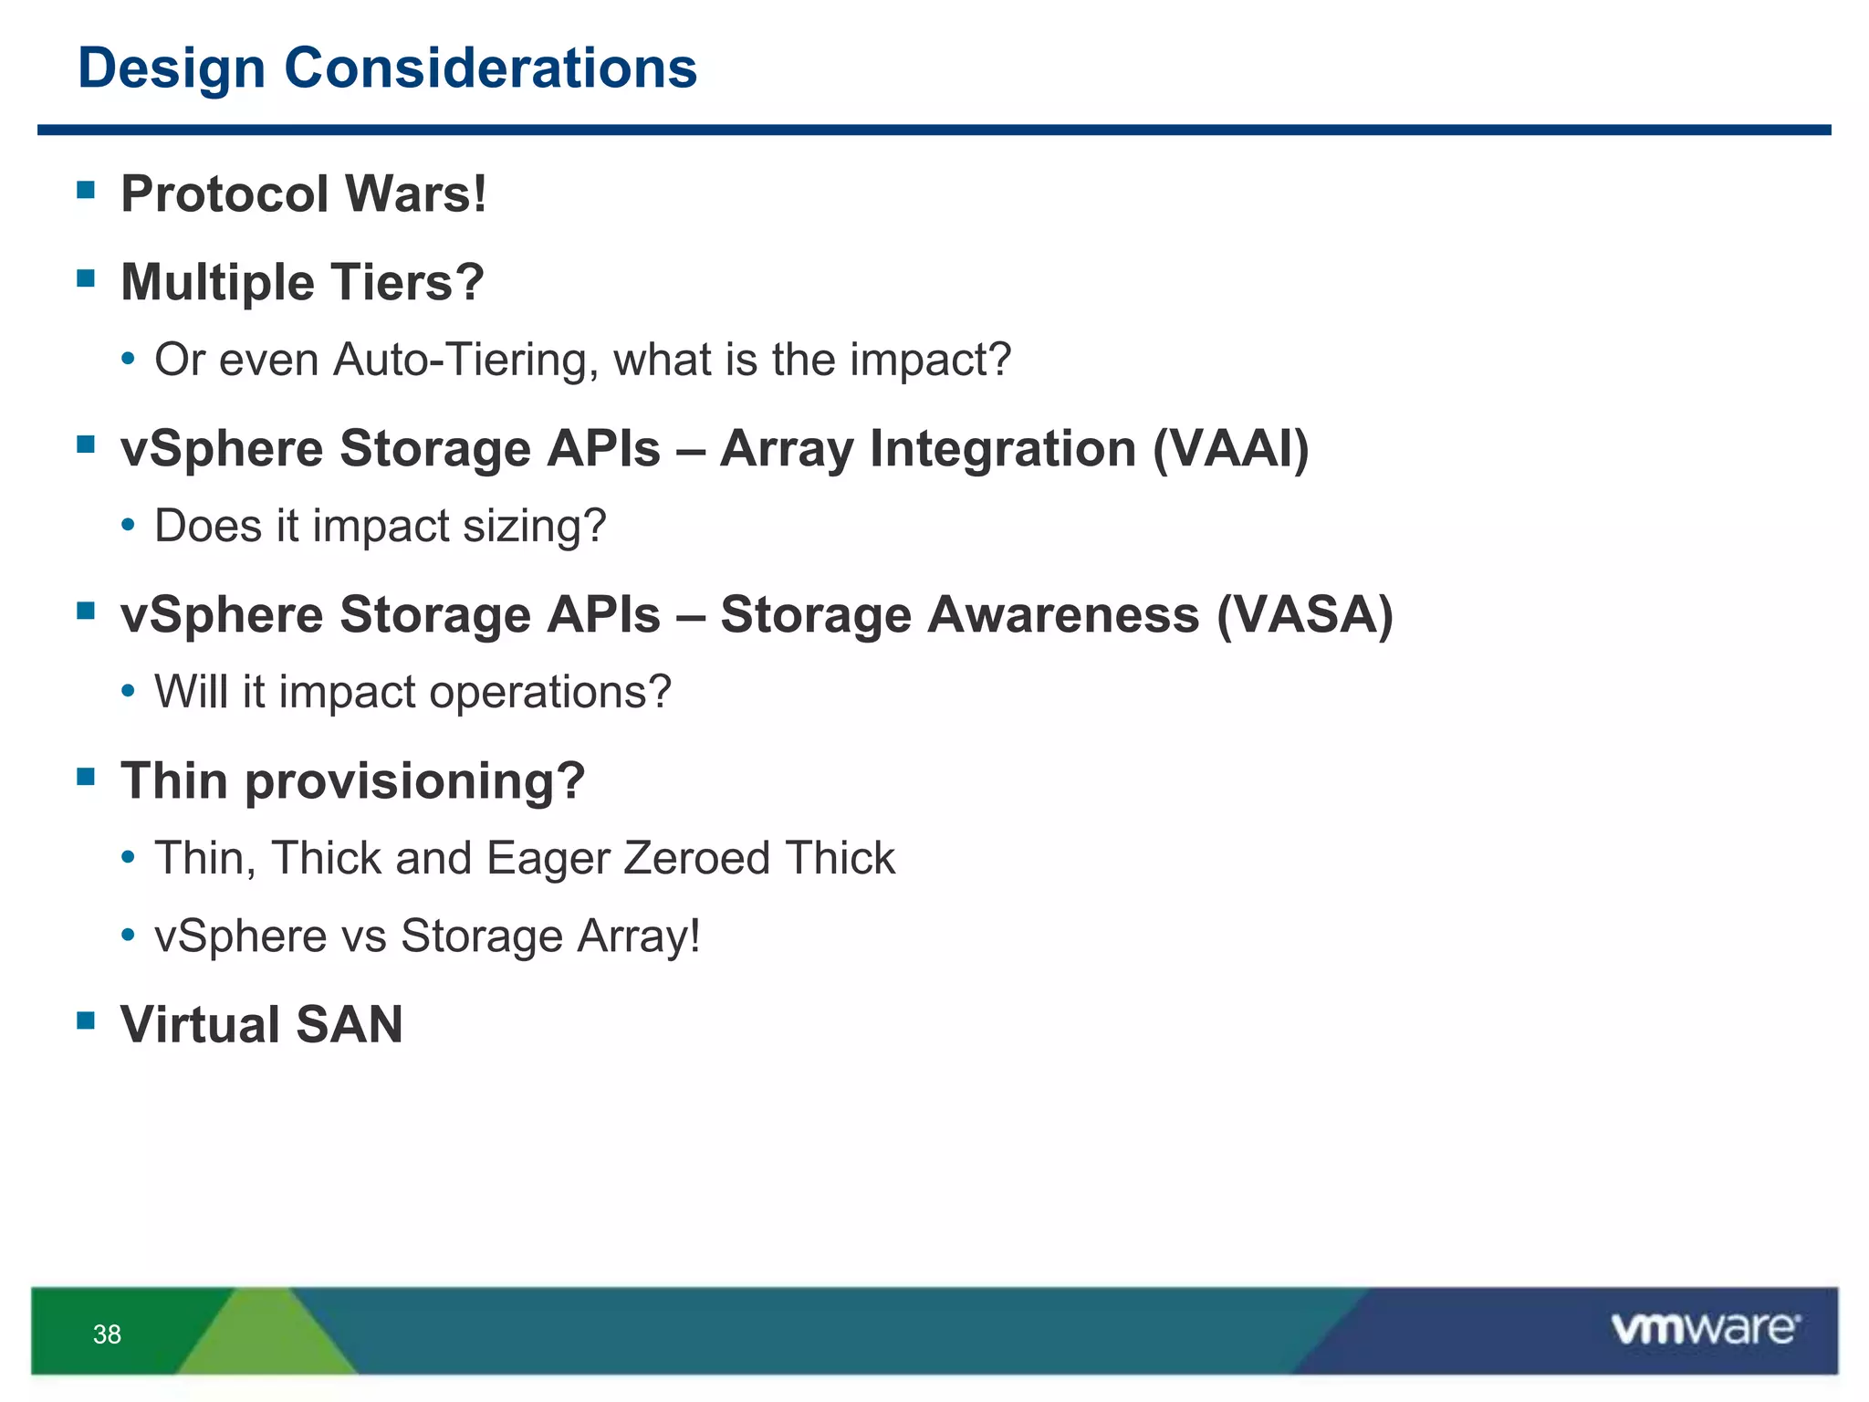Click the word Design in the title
(x=171, y=68)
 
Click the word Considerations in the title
(x=490, y=68)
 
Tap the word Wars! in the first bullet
(x=416, y=194)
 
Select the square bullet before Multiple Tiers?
(x=87, y=277)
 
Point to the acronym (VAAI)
(x=1230, y=448)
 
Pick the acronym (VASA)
(x=1304, y=614)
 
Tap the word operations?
(x=550, y=692)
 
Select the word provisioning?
(x=414, y=781)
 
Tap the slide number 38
(x=107, y=1334)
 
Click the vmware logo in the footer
(x=1705, y=1328)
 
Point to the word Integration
(x=1002, y=448)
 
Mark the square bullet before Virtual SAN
(x=87, y=1020)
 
